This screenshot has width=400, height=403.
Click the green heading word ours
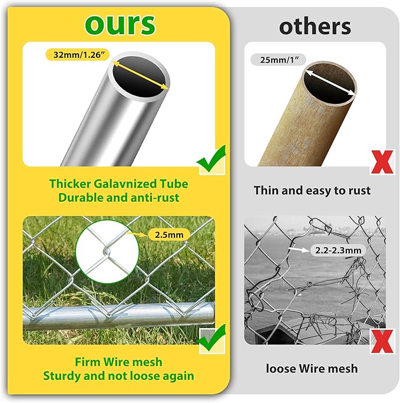pyautogui.click(x=120, y=24)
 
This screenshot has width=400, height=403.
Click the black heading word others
pyautogui.click(x=315, y=27)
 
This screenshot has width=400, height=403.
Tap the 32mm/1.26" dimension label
pyautogui.click(x=78, y=55)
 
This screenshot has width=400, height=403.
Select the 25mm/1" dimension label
pyautogui.click(x=279, y=60)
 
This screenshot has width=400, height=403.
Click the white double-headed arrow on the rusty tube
pyautogui.click(x=330, y=83)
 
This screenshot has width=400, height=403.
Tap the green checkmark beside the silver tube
pyautogui.click(x=211, y=159)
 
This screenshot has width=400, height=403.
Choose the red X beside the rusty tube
pyautogui.click(x=382, y=162)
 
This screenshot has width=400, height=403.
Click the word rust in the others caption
pyautogui.click(x=359, y=191)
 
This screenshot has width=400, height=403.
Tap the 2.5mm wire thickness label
pyautogui.click(x=169, y=235)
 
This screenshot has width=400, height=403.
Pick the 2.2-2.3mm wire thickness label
pyautogui.click(x=338, y=250)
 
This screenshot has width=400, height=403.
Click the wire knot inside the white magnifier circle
pyautogui.click(x=106, y=251)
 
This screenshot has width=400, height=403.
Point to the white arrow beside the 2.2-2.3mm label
pyautogui.click(x=299, y=250)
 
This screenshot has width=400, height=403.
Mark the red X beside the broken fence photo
pyautogui.click(x=382, y=341)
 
